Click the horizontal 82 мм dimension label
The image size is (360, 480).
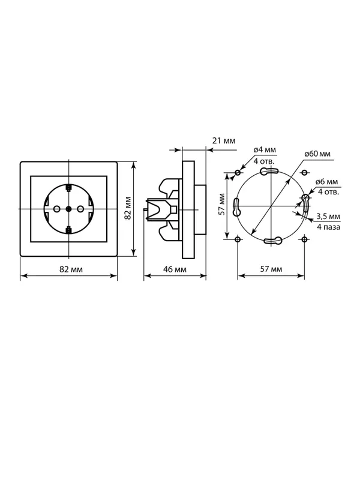click(71, 269)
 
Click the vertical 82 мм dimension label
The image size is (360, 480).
click(128, 208)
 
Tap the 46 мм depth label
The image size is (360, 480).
click(175, 269)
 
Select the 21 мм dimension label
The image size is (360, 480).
click(224, 141)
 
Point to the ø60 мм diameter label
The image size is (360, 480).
click(317, 154)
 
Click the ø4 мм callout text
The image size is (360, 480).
click(265, 149)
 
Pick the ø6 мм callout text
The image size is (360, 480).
click(326, 182)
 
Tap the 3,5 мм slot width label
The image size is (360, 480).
click(328, 217)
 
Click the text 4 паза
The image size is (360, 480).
click(329, 227)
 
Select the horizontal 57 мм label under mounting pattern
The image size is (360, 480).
click(271, 269)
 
